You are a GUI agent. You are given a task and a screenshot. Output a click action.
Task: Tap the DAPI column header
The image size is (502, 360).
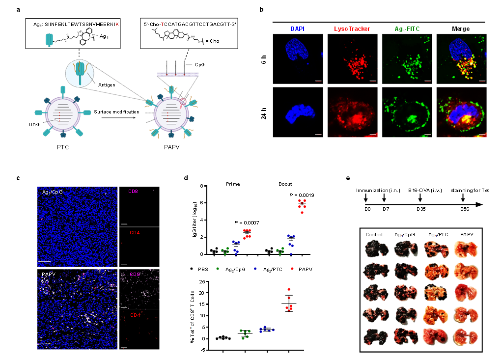[296, 29]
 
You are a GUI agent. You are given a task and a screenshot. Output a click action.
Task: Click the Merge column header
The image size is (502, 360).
[460, 29]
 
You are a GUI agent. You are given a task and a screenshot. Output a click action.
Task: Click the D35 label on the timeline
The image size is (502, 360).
[420, 209]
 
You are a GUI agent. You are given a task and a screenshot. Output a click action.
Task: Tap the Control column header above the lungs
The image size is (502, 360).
[374, 235]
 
